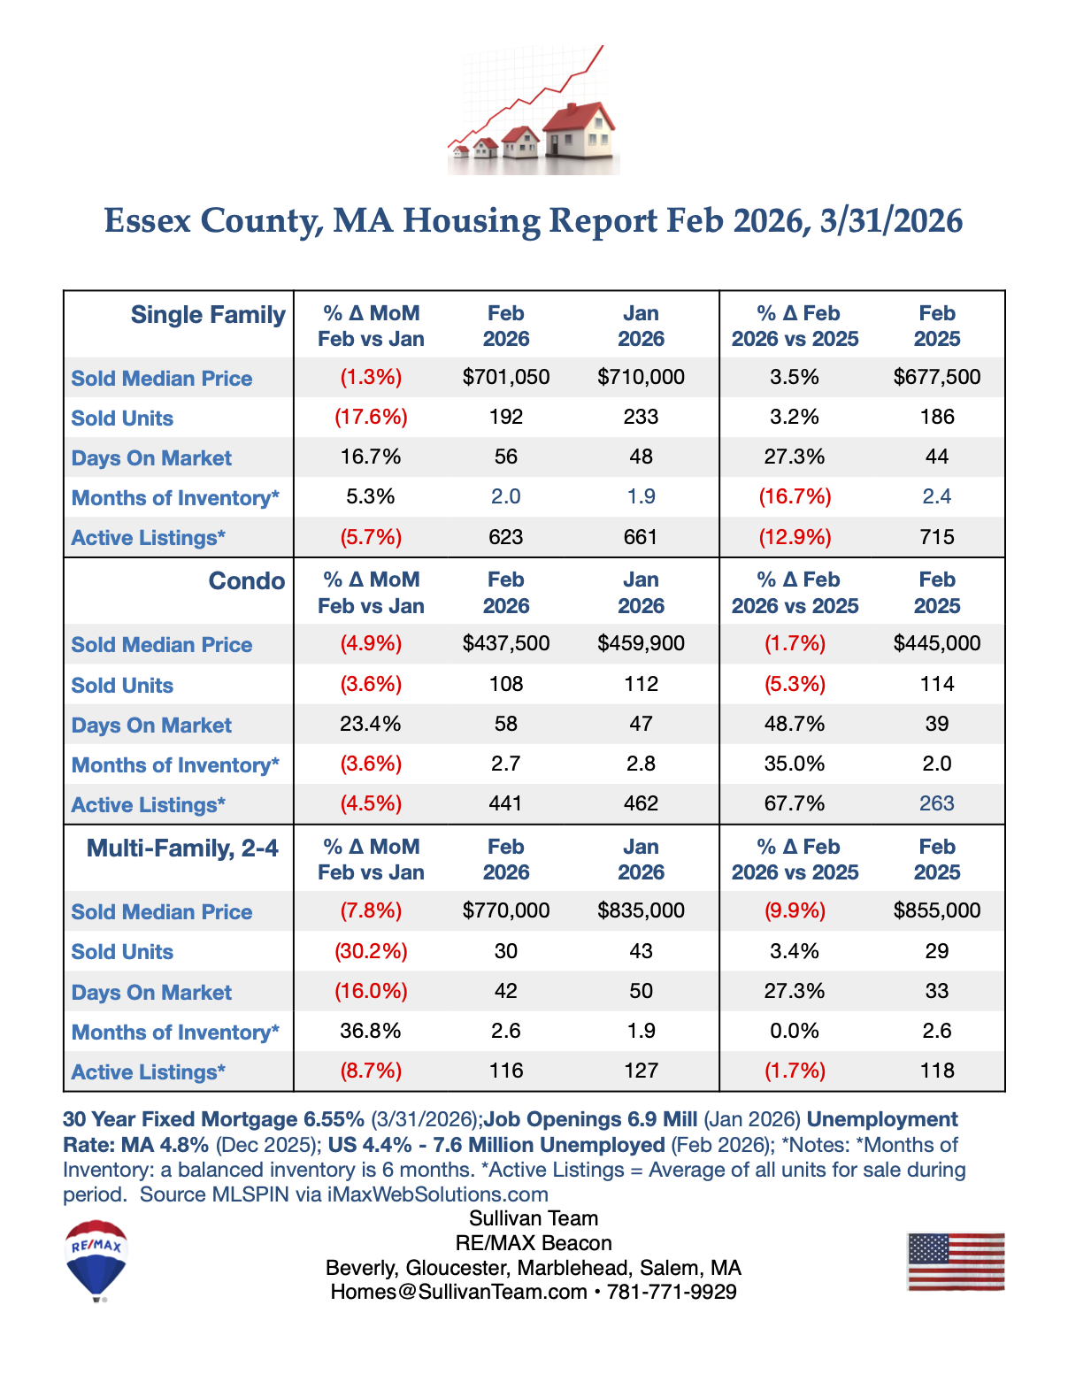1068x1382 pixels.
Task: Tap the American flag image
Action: pos(956,1262)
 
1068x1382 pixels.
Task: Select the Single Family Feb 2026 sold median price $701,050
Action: pos(506,377)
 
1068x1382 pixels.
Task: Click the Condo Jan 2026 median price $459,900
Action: pos(641,643)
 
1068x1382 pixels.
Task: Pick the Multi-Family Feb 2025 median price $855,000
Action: pos(936,910)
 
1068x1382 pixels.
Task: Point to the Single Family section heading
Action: pos(208,315)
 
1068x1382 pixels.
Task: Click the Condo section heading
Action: pos(246,581)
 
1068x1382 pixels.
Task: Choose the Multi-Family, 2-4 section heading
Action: pos(182,848)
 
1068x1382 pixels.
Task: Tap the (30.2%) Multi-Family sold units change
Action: pos(371,951)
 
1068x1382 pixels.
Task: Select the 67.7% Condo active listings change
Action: pos(795,803)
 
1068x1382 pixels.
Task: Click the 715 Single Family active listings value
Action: pos(936,537)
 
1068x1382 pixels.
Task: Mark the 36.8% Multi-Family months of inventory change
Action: pos(371,1031)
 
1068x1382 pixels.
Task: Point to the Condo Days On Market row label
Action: pos(151,726)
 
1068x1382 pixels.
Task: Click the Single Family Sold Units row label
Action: pos(122,418)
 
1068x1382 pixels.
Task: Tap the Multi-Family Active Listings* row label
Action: pos(149,1072)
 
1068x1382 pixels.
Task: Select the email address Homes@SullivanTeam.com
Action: pos(458,1292)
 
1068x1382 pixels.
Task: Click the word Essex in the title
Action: pos(148,220)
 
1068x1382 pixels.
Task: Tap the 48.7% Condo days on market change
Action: pos(795,724)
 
